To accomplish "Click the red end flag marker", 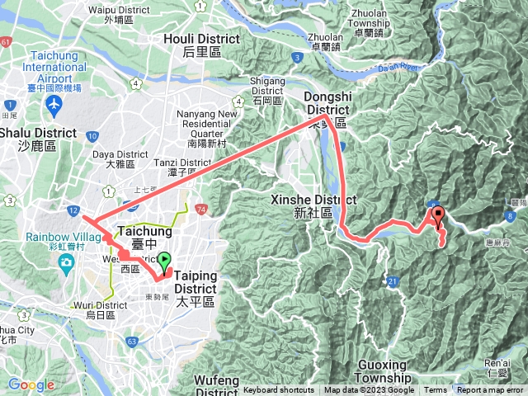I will click(436, 217).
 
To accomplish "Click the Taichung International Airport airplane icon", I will click(54, 104).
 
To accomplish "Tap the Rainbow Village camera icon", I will click(64, 263).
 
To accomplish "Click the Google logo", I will click(31, 384).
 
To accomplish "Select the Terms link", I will click(436, 390).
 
